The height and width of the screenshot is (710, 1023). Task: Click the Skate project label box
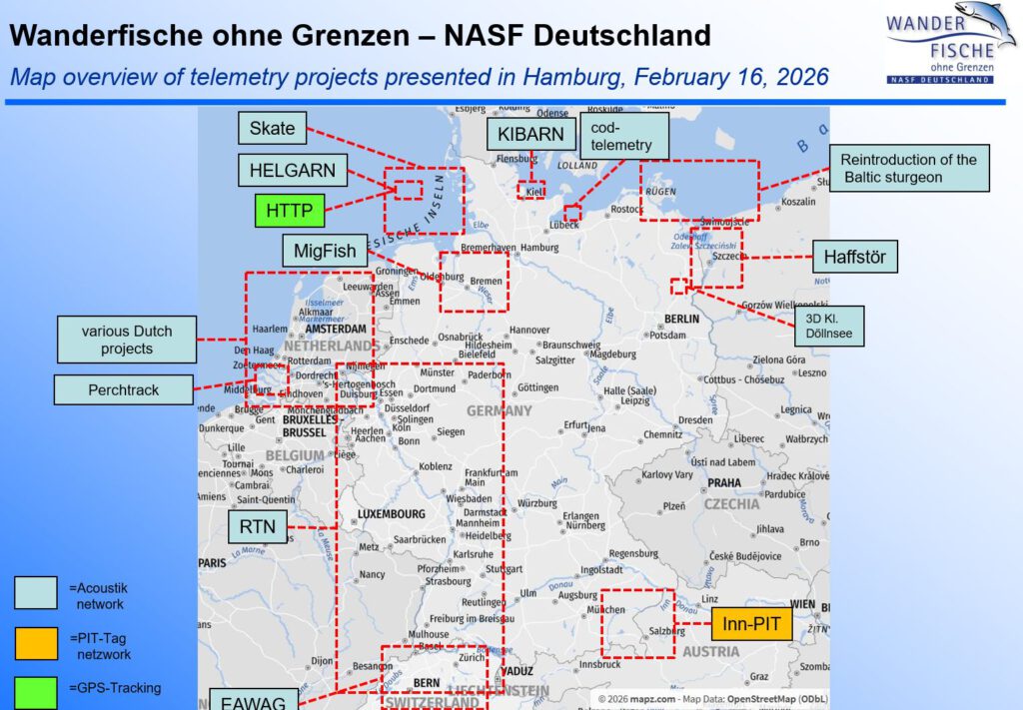coord(272,128)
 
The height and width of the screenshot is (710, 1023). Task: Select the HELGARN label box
coord(293,170)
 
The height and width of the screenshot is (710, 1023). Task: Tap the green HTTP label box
coord(290,211)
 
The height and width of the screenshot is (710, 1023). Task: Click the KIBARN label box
coord(531,135)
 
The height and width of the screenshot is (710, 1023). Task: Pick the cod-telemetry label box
coord(623,136)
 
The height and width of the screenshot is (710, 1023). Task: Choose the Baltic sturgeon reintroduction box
coord(908,168)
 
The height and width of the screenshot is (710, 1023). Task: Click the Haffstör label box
coord(854,257)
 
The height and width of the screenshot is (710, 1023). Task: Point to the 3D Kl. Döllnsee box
coord(828,326)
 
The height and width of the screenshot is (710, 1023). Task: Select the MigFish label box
coord(325,251)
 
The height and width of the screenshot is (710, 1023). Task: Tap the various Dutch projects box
coord(126,340)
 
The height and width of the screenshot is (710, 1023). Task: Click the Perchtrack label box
coord(124,389)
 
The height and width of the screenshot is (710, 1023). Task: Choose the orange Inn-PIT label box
coord(751,625)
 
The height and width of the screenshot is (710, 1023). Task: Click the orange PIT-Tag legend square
coord(36,643)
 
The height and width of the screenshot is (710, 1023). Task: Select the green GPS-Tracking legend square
coord(36,692)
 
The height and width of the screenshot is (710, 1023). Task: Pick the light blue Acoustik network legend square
coord(36,593)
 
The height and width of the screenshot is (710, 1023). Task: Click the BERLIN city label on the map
coord(681,320)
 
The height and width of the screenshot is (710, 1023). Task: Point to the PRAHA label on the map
coord(724,482)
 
